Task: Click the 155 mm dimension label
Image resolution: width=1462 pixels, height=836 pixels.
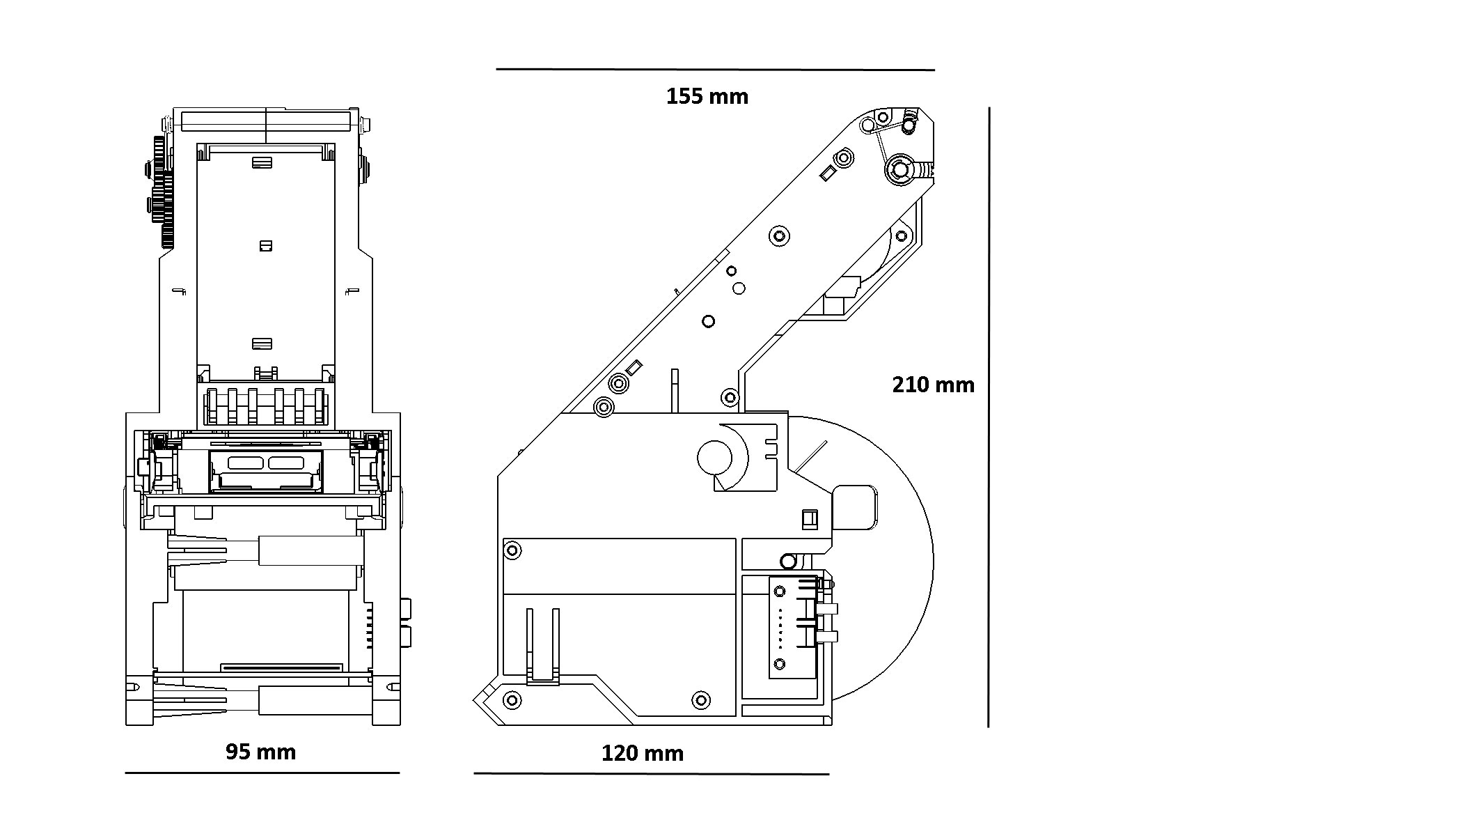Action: click(707, 96)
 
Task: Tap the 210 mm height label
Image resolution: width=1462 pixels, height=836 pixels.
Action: click(934, 385)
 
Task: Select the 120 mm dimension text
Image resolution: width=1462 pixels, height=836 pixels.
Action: click(643, 753)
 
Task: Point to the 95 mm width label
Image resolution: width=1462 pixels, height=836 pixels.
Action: click(261, 752)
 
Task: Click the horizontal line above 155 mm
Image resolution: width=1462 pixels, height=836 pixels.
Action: click(715, 70)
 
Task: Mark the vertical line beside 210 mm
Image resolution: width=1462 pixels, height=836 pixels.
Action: click(989, 417)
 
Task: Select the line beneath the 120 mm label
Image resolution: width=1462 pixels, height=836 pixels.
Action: click(652, 774)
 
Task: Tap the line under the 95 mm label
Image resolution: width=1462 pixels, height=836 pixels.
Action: click(262, 773)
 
